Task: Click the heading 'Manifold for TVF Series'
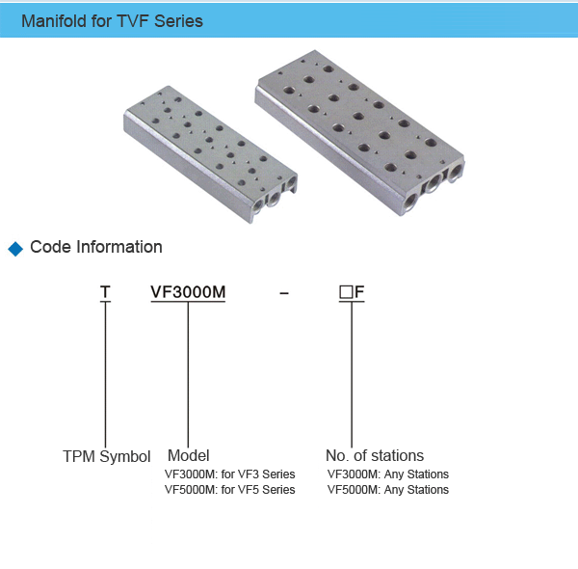112,20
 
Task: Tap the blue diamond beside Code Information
14,249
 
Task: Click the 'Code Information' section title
96,247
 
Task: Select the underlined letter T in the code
106,293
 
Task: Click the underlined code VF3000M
188,293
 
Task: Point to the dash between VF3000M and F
283,293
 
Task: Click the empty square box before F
345,293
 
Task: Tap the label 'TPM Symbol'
107,456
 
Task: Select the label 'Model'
189,455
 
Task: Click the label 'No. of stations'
375,455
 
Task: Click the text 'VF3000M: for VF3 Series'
230,474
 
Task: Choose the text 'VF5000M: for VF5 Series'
230,490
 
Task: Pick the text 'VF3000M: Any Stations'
388,474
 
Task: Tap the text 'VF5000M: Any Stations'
388,490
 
